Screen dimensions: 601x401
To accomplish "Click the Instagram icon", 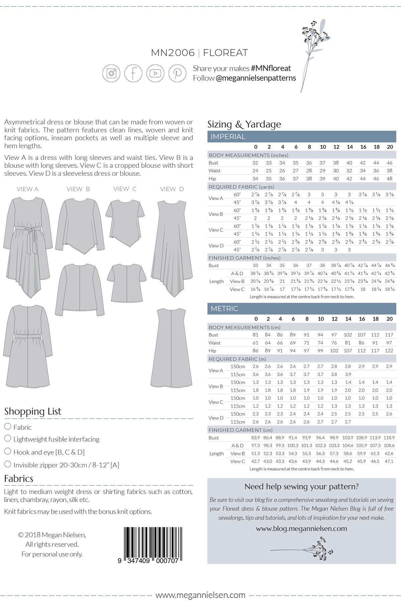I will point(111,73).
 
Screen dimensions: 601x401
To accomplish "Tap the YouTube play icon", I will point(155,73).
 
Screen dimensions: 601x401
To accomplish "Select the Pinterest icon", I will point(177,73).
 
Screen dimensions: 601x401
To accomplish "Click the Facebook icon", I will point(133,73).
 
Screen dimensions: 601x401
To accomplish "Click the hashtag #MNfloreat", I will point(271,68).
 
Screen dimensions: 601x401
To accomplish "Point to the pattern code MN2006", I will point(172,53).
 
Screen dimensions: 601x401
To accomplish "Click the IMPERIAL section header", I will point(228,137).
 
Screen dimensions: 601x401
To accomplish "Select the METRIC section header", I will point(224,309).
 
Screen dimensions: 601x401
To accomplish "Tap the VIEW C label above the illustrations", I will point(125,189).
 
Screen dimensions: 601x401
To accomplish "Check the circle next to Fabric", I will point(8,426).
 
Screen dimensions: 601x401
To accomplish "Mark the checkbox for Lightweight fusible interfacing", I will point(8,438).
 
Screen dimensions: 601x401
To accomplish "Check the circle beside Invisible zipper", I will point(8,464).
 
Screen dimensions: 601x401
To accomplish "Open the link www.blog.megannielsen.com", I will point(301,529).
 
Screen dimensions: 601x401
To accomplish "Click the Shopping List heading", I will point(33,411).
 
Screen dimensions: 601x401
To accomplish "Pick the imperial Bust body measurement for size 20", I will point(389,163).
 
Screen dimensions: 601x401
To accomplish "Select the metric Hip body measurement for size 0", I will point(255,351).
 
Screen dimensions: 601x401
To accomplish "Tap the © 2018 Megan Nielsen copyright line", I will point(52,535).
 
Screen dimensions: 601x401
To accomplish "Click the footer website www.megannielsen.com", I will point(200,595).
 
